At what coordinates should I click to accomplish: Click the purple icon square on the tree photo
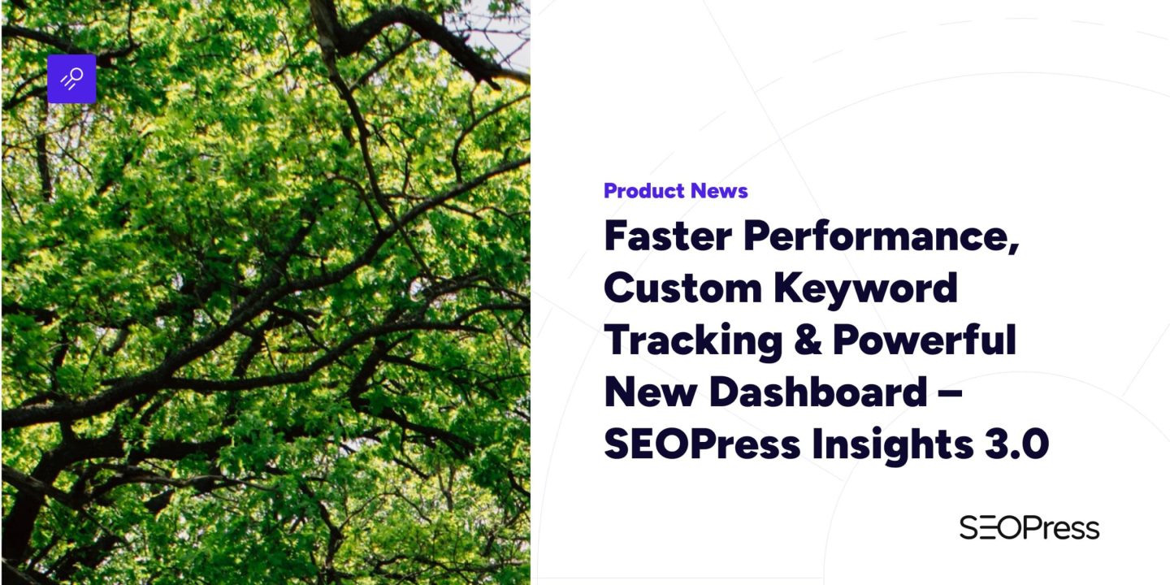71,79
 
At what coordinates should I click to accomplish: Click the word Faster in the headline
666,236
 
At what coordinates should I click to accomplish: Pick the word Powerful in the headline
924,341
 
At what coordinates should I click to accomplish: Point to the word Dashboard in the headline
817,392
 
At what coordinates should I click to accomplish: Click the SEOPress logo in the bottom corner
1029,528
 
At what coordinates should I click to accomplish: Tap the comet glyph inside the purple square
72,79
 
